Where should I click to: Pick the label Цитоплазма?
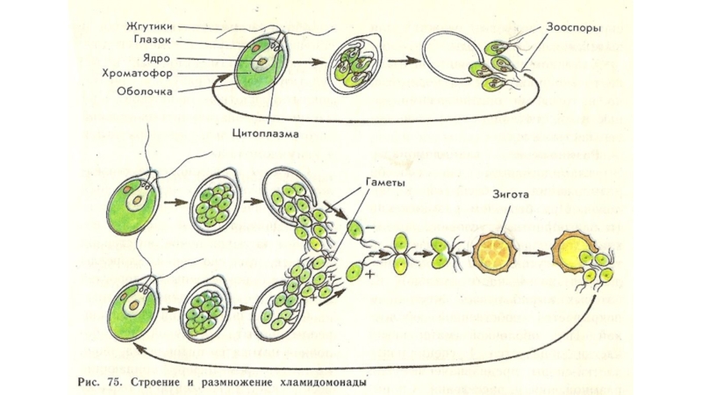(x=267, y=133)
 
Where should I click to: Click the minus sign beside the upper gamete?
(x=372, y=226)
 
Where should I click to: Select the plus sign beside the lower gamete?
(x=370, y=275)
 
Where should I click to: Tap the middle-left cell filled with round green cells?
(x=212, y=206)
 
